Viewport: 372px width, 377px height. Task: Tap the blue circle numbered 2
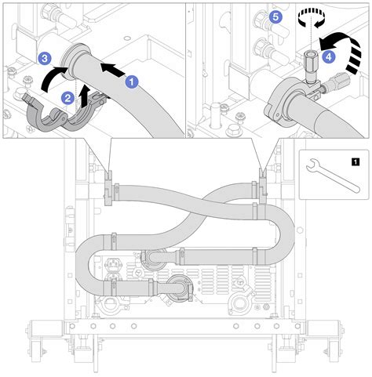coord(68,96)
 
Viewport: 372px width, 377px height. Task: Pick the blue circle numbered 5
coord(274,16)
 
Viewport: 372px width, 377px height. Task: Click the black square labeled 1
coord(358,163)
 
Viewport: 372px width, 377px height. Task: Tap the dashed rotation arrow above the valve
coord(312,17)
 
